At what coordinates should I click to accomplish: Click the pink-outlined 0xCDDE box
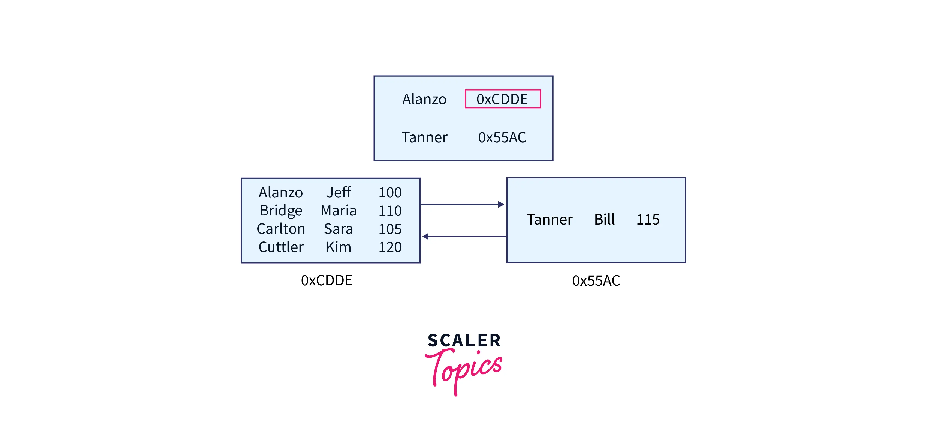coord(502,99)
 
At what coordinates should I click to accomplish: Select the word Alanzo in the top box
coord(424,99)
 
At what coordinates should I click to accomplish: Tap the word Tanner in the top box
coord(424,137)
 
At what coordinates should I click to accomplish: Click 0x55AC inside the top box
coord(502,137)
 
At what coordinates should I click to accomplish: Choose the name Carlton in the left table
coord(281,229)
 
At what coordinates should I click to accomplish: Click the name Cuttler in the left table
coord(281,247)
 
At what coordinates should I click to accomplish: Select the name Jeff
coord(338,192)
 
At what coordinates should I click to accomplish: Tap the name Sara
coord(338,229)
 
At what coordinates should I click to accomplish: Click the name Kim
coord(338,247)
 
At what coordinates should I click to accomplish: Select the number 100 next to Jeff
coord(390,192)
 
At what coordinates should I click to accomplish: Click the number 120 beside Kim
coord(390,247)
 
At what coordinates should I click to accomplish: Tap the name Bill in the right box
coord(604,219)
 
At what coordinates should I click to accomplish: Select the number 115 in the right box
coord(648,219)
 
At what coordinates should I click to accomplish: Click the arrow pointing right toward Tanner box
coord(463,204)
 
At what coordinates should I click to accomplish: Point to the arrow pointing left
coord(464,236)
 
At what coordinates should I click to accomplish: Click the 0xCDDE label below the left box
coord(326,280)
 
